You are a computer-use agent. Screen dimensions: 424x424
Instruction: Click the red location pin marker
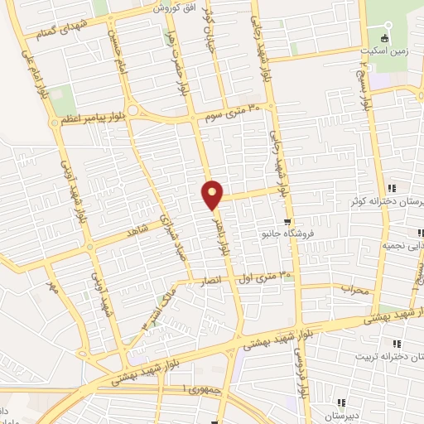tap(212, 195)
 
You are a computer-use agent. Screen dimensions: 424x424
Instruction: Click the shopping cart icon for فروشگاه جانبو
tap(287, 221)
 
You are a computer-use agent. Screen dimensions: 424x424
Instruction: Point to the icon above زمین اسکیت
tap(383, 38)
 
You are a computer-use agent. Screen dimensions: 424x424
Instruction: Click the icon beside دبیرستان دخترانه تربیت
tap(397, 344)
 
